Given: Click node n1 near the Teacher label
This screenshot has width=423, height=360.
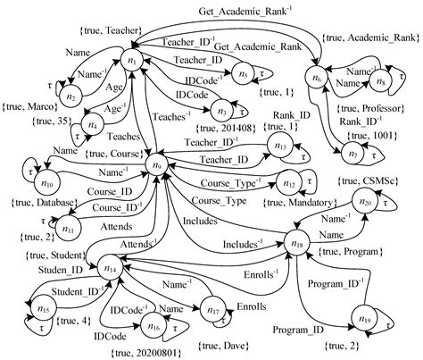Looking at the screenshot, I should click(x=134, y=60).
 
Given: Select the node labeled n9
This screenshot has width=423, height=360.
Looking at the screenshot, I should click(x=160, y=164).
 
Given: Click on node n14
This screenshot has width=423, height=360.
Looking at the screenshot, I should click(x=111, y=266).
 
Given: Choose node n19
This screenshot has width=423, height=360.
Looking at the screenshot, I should click(x=363, y=317).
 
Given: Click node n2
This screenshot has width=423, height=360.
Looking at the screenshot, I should click(x=74, y=95).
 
